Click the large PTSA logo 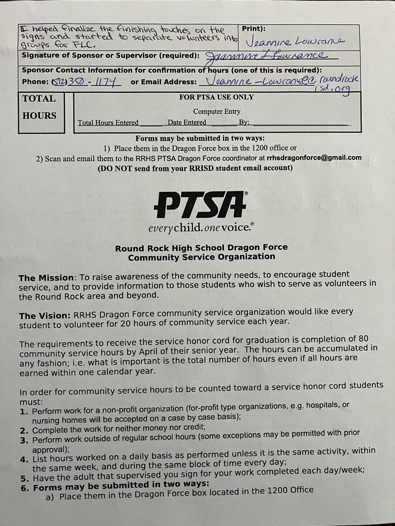(x=201, y=205)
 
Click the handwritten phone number (x=87, y=81)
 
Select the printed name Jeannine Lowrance (x=295, y=42)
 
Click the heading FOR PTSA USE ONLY (x=216, y=97)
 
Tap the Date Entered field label (x=187, y=122)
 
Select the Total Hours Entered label (x=108, y=122)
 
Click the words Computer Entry (x=217, y=111)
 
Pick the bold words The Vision (x=44, y=316)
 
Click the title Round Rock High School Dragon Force (x=201, y=248)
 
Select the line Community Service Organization (x=201, y=257)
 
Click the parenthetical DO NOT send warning (x=195, y=168)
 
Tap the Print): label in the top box (x=253, y=29)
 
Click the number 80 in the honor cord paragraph (x=363, y=339)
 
